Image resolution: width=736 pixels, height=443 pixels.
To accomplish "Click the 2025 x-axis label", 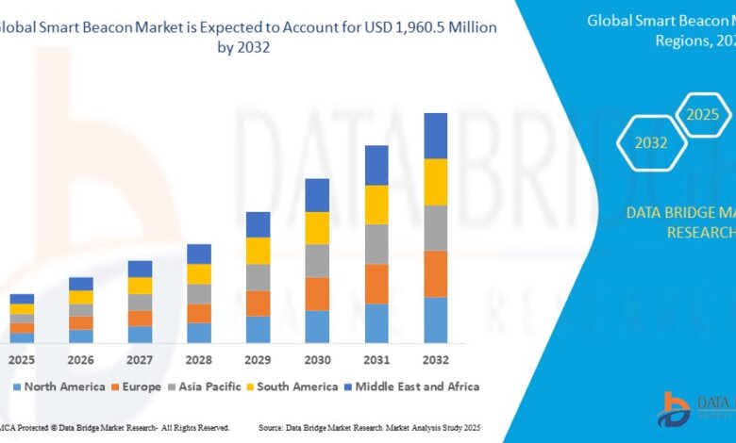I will point(22,361).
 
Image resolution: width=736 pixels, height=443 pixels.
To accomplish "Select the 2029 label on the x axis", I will point(258,361).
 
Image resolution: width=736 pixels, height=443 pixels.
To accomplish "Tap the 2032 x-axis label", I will point(435,361).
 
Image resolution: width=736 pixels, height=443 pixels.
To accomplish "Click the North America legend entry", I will point(59,386).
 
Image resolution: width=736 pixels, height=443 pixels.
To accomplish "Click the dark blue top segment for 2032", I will point(435,136).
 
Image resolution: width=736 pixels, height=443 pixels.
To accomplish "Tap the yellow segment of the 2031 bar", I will point(376,205).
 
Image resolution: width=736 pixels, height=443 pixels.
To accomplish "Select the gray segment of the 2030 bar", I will point(317,261).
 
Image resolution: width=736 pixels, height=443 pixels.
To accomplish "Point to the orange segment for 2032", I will point(435,274).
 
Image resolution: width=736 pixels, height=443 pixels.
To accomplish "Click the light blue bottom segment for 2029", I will point(258,329).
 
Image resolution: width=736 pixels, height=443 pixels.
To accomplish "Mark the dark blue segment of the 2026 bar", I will point(81,284).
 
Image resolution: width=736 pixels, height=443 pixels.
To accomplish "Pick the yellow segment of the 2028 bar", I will point(199,274).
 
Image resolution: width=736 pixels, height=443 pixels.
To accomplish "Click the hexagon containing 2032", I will point(651,143).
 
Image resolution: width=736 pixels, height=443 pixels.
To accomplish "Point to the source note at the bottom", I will point(389,428).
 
